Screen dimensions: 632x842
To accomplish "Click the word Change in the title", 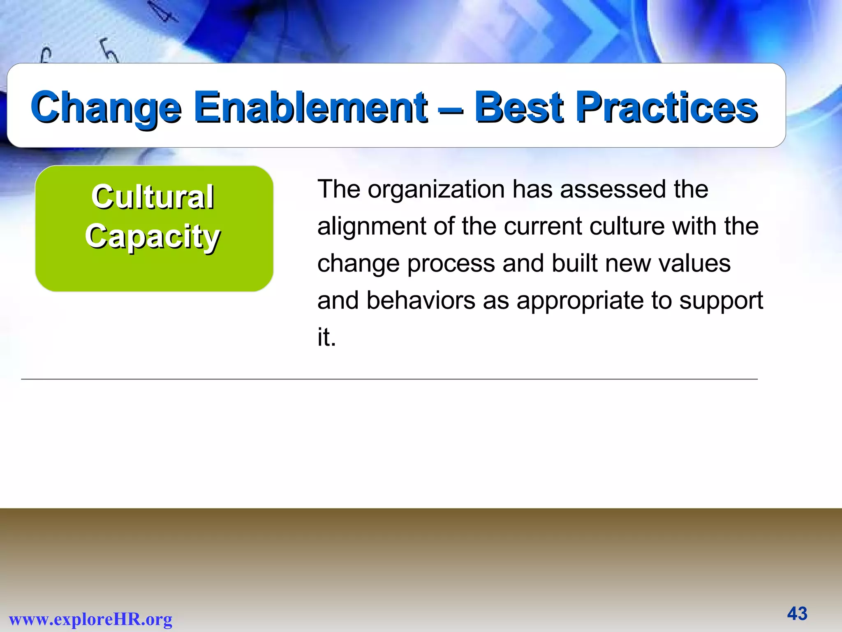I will pyautogui.click(x=106, y=107).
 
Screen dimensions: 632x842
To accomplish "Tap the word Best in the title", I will pyautogui.click(x=519, y=107).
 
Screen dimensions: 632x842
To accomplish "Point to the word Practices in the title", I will pyautogui.click(x=666, y=107).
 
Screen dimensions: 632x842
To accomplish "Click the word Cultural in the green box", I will pyautogui.click(x=153, y=197).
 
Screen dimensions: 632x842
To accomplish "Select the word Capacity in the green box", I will pyautogui.click(x=153, y=237).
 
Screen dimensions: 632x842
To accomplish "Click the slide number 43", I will pyautogui.click(x=797, y=613).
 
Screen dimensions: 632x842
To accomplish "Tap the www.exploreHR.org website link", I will pyautogui.click(x=90, y=619).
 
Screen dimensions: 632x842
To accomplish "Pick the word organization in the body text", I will pyautogui.click(x=436, y=190).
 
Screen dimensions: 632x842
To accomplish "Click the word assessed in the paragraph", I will pyautogui.click(x=613, y=190).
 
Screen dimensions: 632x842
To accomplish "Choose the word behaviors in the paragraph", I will pyautogui.click(x=421, y=301).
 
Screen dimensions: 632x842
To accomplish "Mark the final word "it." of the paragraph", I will pyautogui.click(x=326, y=338).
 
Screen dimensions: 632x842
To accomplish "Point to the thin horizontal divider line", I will pyautogui.click(x=389, y=379).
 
